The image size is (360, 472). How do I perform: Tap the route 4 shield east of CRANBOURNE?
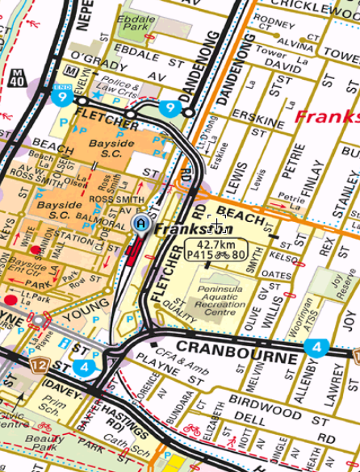click(x=315, y=348)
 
